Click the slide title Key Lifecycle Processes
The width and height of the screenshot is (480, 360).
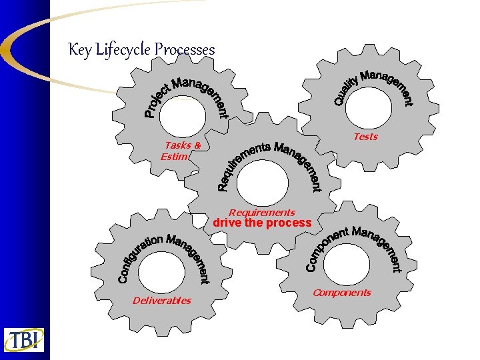pos(141,50)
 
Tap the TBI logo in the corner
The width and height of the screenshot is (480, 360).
pos(24,339)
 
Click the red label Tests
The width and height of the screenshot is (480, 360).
pos(365,137)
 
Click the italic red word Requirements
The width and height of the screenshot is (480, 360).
pos(261,213)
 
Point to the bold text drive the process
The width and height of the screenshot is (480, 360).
pos(262,223)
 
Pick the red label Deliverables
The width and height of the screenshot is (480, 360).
pos(161,301)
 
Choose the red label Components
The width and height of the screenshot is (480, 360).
pos(341,293)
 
